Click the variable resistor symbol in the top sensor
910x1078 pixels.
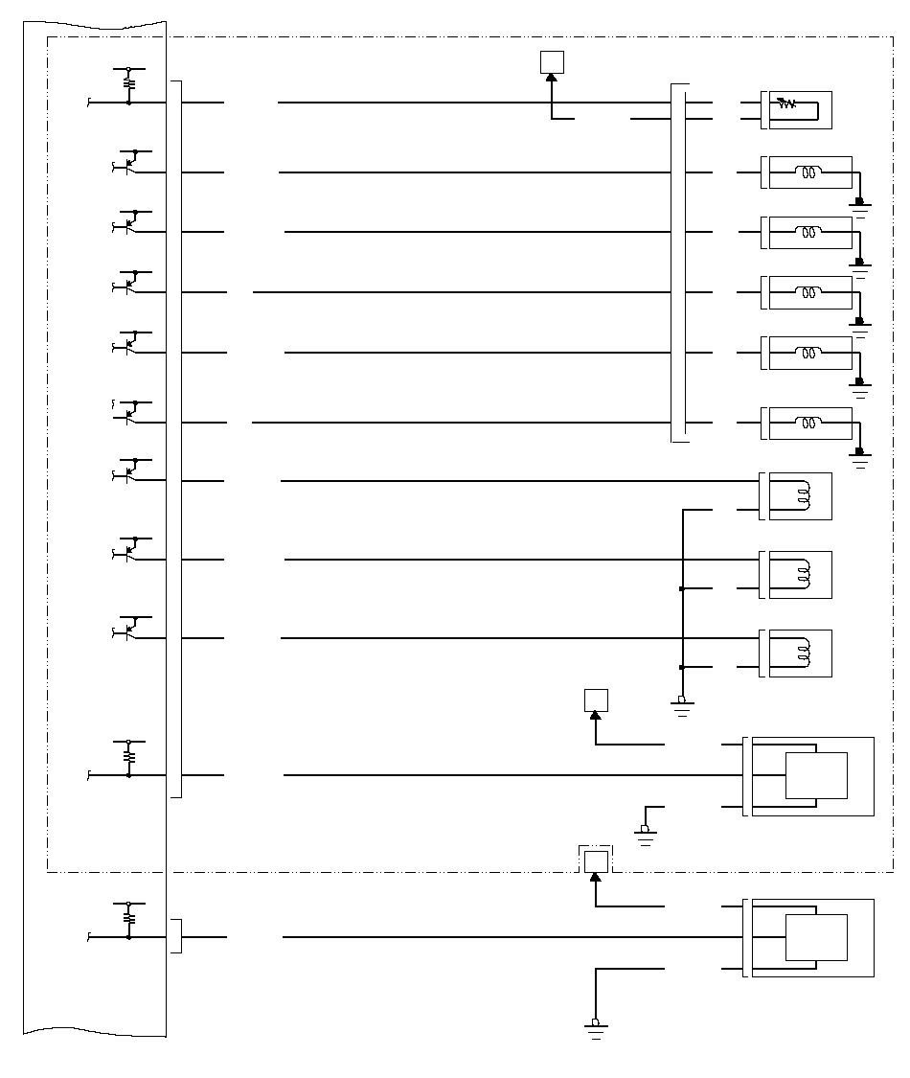click(786, 103)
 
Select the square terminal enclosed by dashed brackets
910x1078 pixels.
click(596, 860)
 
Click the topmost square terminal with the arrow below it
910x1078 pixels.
click(552, 62)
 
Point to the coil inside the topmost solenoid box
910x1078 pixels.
click(809, 173)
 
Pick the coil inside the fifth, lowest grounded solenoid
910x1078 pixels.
click(809, 423)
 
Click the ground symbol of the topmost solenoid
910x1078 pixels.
click(860, 205)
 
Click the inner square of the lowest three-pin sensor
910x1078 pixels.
click(816, 937)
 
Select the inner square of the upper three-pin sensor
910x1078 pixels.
click(816, 775)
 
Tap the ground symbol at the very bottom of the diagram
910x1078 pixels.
click(596, 1028)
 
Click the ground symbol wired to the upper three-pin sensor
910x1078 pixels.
click(646, 834)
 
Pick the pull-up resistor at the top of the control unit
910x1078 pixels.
click(129, 83)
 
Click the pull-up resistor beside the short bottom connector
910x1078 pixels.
click(129, 917)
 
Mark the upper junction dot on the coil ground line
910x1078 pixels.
click(682, 588)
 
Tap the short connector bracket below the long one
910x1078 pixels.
click(175, 936)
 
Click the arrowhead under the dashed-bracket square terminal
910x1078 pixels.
click(596, 877)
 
